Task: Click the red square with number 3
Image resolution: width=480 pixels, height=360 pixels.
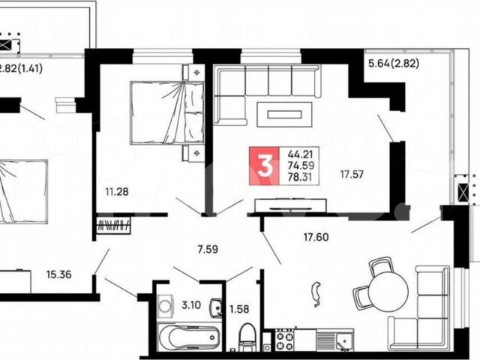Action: coord(264,166)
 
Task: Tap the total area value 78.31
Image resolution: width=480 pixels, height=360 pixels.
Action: coord(299,177)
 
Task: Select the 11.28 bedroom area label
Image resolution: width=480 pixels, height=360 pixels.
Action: coord(117,192)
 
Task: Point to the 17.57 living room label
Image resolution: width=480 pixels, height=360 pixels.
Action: coord(352,175)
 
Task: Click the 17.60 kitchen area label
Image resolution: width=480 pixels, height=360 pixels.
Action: coord(316,237)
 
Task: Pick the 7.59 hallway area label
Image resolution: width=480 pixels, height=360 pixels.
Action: coord(208,249)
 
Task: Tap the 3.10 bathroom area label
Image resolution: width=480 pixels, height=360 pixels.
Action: coord(191,305)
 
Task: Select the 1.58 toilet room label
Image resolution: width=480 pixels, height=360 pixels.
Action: coord(239,309)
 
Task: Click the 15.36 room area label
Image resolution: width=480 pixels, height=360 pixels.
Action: coord(59,274)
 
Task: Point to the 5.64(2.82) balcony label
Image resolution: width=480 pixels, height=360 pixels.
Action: coord(394,64)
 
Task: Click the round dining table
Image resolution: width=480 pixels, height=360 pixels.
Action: coord(388,292)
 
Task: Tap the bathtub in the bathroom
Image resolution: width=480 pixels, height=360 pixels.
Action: coord(190,337)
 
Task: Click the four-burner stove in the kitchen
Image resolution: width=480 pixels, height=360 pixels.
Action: coord(285,340)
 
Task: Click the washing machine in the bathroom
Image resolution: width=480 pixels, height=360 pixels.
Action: coord(165,305)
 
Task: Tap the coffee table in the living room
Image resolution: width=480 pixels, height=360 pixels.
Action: coord(284,115)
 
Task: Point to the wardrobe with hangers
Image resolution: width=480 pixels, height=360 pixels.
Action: coord(113,226)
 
